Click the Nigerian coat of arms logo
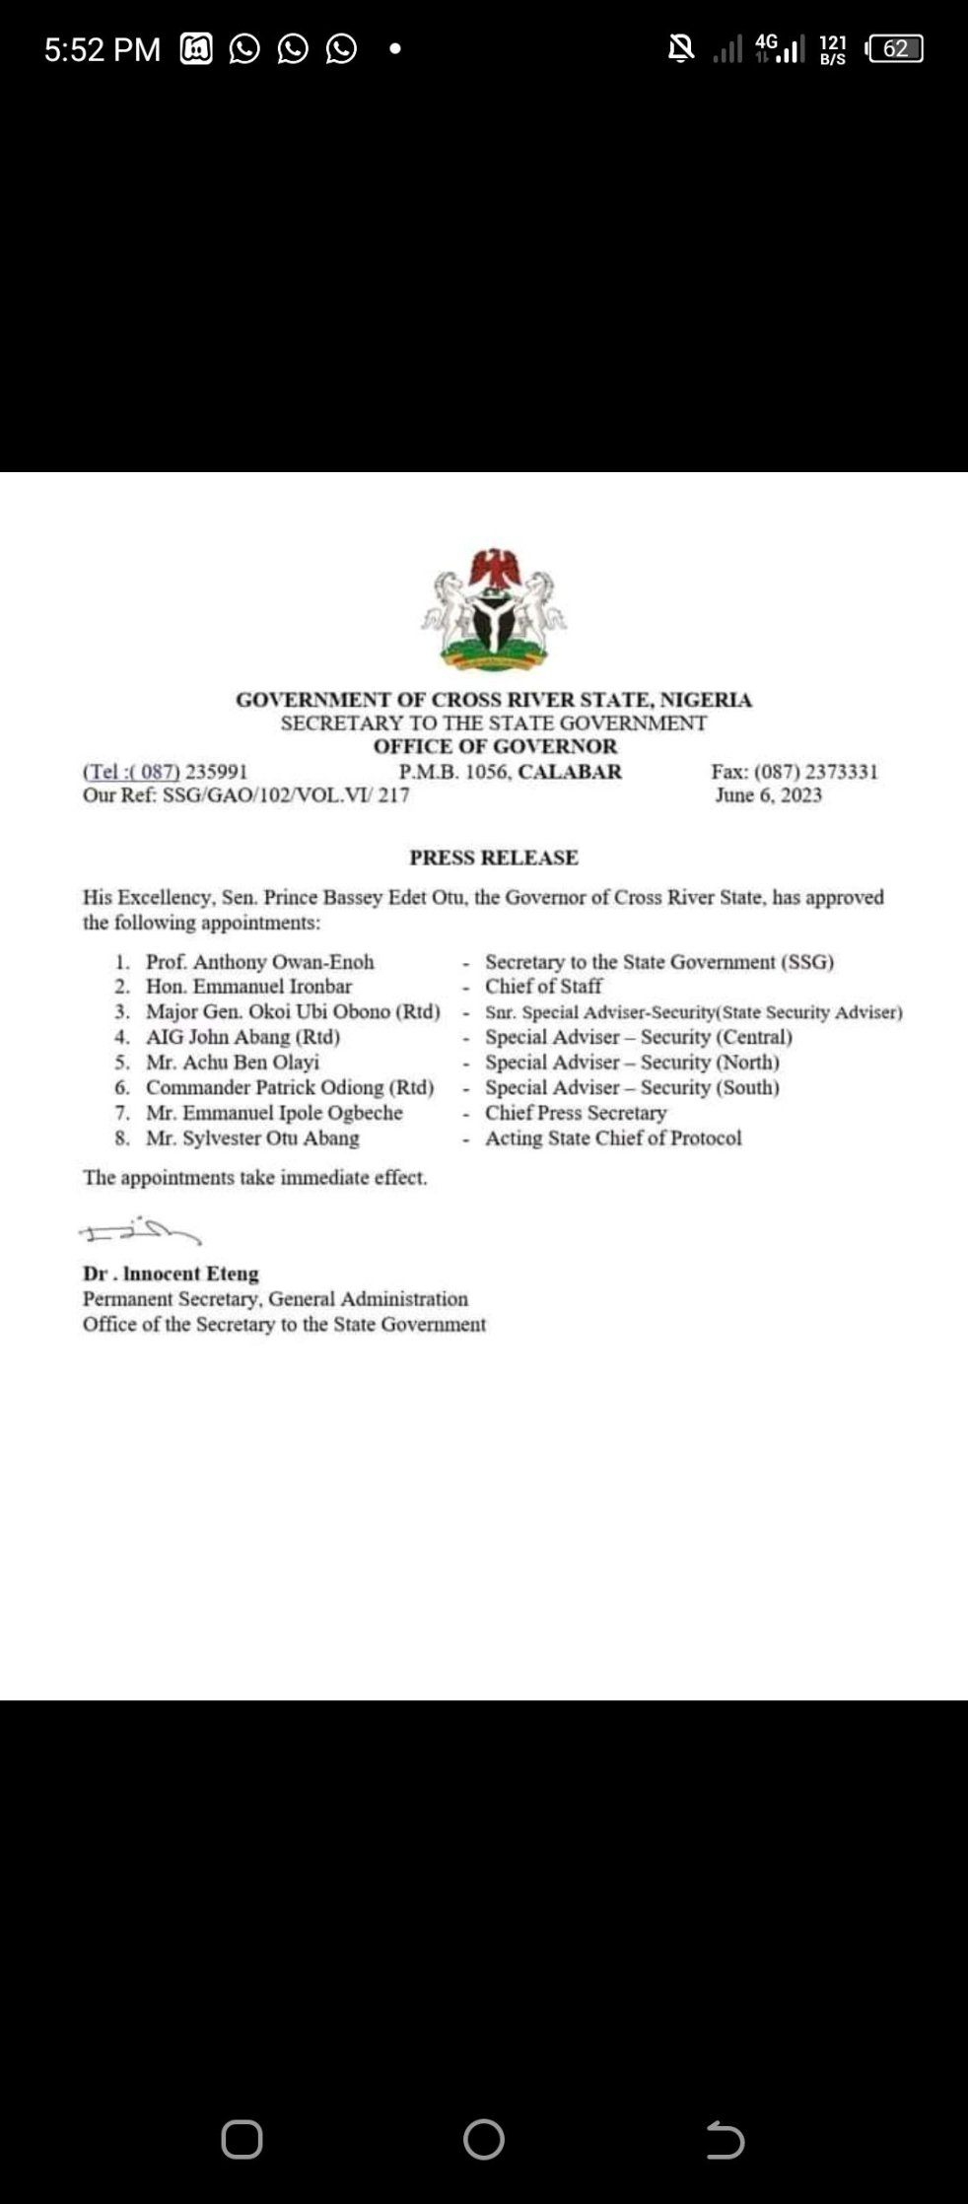pos(494,610)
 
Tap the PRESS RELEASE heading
pos(494,858)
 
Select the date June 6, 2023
pos(768,795)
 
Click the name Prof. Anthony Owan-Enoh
pos(260,962)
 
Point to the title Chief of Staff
pos(543,987)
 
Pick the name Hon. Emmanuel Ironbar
pos(248,987)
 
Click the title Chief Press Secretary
pos(576,1113)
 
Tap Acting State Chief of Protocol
pos(613,1138)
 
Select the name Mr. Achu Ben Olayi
pos(233,1063)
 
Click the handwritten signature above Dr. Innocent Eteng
pos(139,1231)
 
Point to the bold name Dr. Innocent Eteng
pos(171,1274)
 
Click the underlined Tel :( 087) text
pos(131,772)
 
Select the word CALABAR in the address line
pos(570,772)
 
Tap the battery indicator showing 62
pos(894,48)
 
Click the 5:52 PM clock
pos(102,49)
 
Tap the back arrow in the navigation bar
pos(725,2140)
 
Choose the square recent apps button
pos(242,2140)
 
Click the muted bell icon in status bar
pos(680,47)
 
